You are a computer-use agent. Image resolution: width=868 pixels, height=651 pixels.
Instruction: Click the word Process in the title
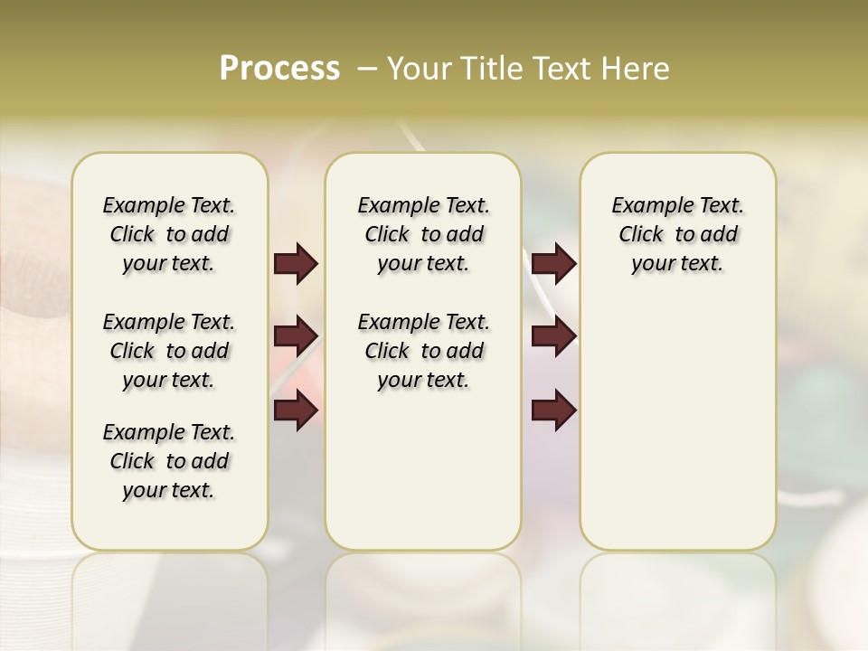pos(279,69)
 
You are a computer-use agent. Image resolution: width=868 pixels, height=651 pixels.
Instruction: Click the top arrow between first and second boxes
pos(296,264)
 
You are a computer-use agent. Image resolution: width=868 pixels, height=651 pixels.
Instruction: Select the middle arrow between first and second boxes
pos(296,336)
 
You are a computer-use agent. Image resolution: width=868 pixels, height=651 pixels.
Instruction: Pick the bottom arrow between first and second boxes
pos(296,410)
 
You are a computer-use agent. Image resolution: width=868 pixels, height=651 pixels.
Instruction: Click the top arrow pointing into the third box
pos(553,264)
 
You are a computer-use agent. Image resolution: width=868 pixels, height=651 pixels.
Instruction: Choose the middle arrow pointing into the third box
pos(553,336)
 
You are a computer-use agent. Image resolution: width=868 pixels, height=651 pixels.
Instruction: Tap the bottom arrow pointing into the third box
pos(553,410)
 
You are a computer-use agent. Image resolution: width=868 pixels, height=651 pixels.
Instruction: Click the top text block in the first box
pos(169,234)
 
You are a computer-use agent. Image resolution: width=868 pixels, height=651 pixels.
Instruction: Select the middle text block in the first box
pos(169,351)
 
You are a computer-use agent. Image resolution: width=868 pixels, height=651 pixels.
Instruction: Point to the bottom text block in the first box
pos(169,461)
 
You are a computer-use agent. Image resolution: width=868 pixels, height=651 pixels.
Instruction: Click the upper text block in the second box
pos(423,234)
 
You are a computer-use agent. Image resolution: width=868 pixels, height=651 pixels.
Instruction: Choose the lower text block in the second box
pos(423,351)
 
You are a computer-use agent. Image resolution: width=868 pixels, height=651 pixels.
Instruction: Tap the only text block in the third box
pos(677,234)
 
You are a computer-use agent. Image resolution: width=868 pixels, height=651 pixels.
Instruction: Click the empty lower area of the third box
pos(677,434)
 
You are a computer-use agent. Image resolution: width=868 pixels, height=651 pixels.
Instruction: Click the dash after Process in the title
pos(367,69)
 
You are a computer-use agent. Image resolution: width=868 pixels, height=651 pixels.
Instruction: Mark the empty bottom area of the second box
pos(423,479)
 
